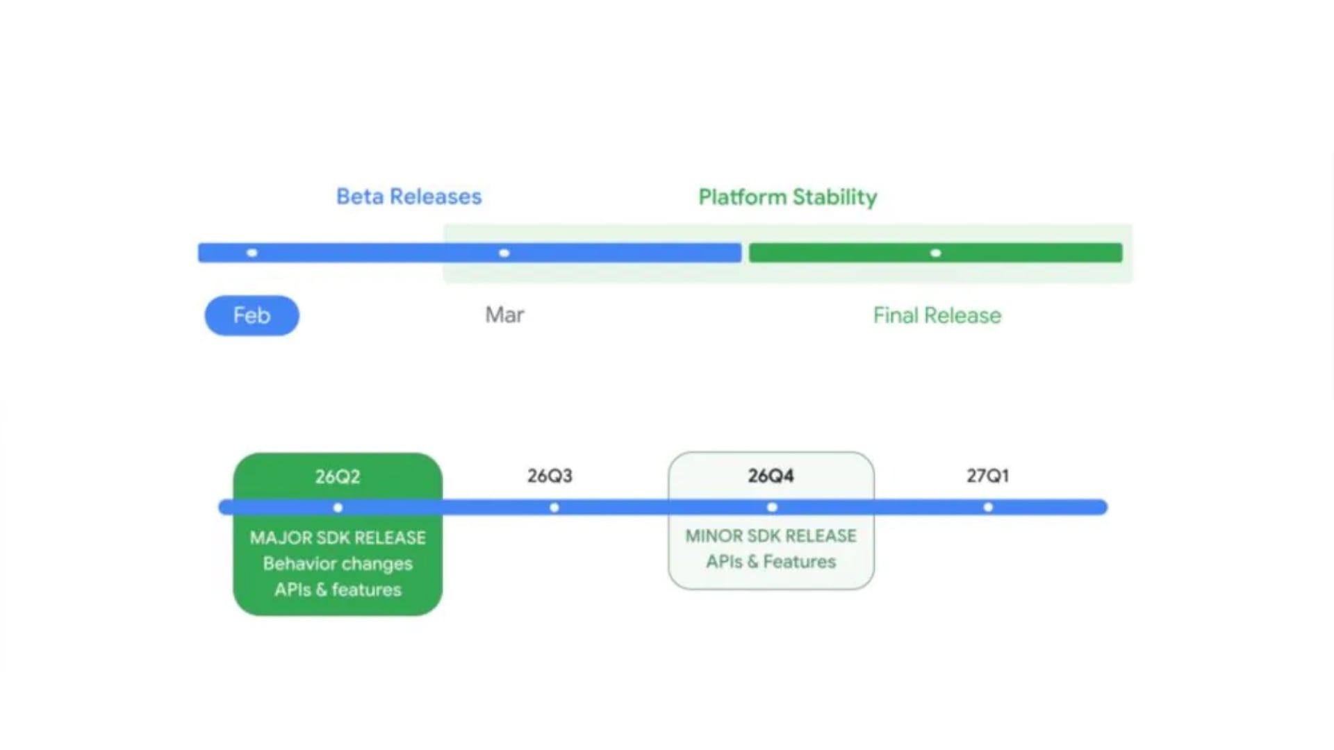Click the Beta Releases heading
409,197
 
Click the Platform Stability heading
787,197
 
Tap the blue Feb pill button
252,315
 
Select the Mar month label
504,315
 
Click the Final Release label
937,315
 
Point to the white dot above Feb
252,253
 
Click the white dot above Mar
504,253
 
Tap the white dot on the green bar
936,253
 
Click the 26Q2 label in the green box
338,476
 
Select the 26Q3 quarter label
550,476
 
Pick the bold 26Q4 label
771,476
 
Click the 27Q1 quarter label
987,476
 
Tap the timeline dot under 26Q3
554,508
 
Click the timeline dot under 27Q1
988,508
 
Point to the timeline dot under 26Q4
772,508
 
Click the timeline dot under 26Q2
338,508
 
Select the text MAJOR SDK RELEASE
338,537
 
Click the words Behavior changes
338,563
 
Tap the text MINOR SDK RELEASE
771,535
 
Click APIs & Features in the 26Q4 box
771,561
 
